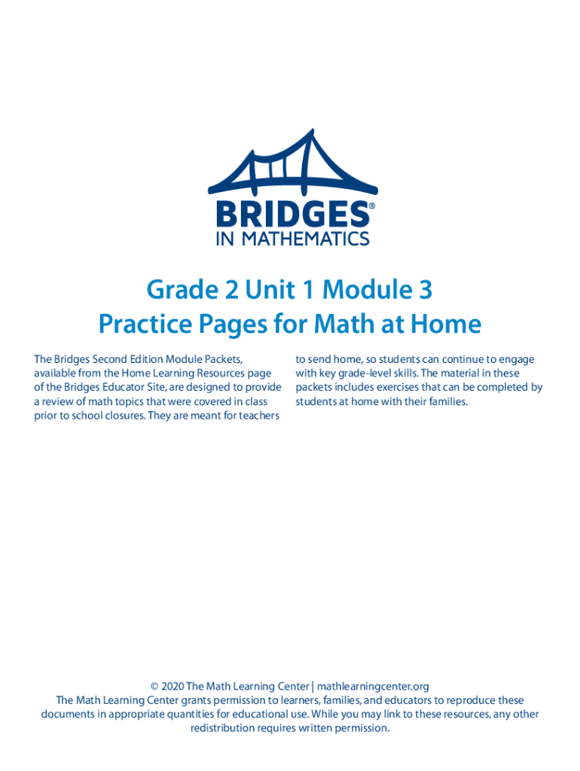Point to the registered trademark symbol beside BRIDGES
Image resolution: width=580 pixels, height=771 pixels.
(x=371, y=206)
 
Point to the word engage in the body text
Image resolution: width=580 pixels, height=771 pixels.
(x=517, y=360)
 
